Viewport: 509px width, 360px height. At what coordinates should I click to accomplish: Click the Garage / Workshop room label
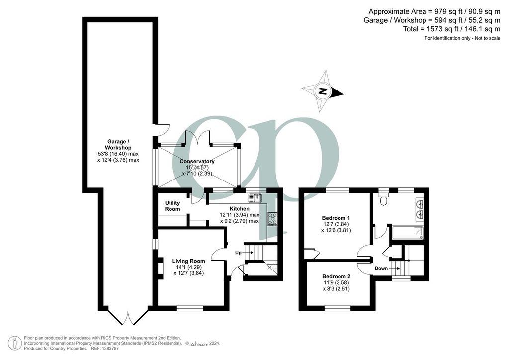point(118,145)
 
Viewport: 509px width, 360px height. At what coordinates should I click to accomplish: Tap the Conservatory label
point(197,161)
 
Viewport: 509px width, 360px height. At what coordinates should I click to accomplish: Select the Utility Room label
point(172,206)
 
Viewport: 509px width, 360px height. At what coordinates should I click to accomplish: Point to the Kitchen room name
point(240,209)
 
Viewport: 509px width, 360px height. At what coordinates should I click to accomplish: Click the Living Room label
point(188,261)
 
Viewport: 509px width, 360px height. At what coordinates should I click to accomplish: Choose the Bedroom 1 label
point(336,218)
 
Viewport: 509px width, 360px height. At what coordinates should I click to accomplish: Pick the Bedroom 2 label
point(337,276)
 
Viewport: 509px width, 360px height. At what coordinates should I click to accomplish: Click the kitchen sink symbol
point(255,198)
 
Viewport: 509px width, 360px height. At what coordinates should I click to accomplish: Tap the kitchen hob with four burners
point(272,219)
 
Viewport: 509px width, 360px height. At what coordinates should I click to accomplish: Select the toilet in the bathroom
point(384,199)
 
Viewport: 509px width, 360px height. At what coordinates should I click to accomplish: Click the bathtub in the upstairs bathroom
point(408,232)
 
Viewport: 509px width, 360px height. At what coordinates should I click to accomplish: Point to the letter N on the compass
point(322,91)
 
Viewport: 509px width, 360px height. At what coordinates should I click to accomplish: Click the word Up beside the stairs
point(238,253)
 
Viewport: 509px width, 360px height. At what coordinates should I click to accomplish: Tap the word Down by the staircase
point(381,268)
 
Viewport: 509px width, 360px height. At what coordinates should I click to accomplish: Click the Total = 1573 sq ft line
point(451,29)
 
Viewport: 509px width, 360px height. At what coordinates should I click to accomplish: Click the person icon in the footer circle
point(15,344)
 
